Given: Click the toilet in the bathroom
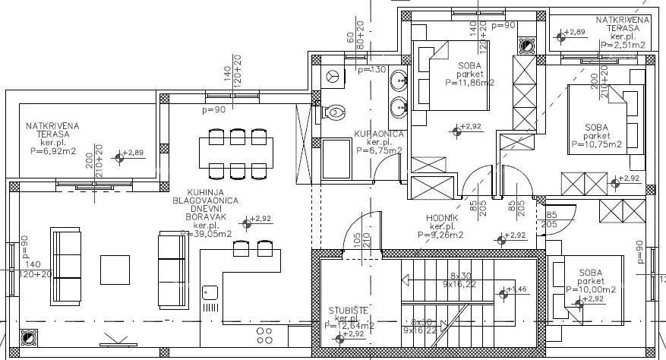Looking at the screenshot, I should [x=333, y=113].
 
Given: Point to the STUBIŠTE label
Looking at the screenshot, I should [x=348, y=309].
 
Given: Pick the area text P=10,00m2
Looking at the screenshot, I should [x=590, y=289].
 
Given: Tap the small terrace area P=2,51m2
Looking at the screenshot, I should [x=622, y=45].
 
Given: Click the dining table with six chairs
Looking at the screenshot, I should [x=232, y=152].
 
